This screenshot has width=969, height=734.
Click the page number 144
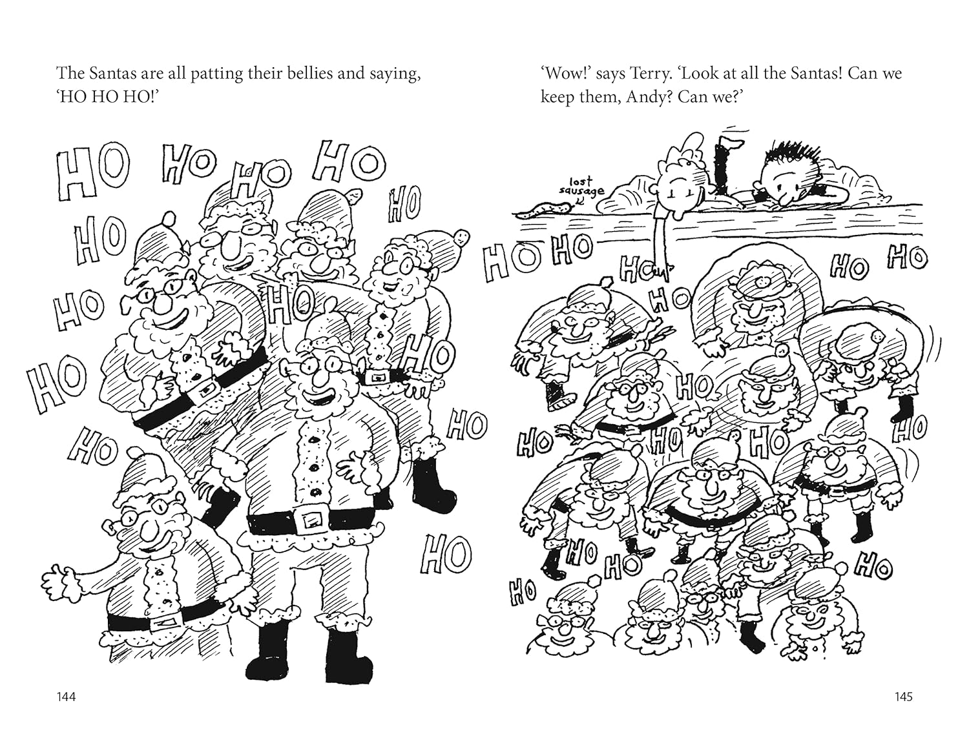point(67,697)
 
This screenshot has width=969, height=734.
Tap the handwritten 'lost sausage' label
point(581,187)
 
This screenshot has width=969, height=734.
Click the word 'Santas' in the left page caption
point(112,73)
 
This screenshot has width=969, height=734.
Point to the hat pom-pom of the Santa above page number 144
point(135,453)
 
